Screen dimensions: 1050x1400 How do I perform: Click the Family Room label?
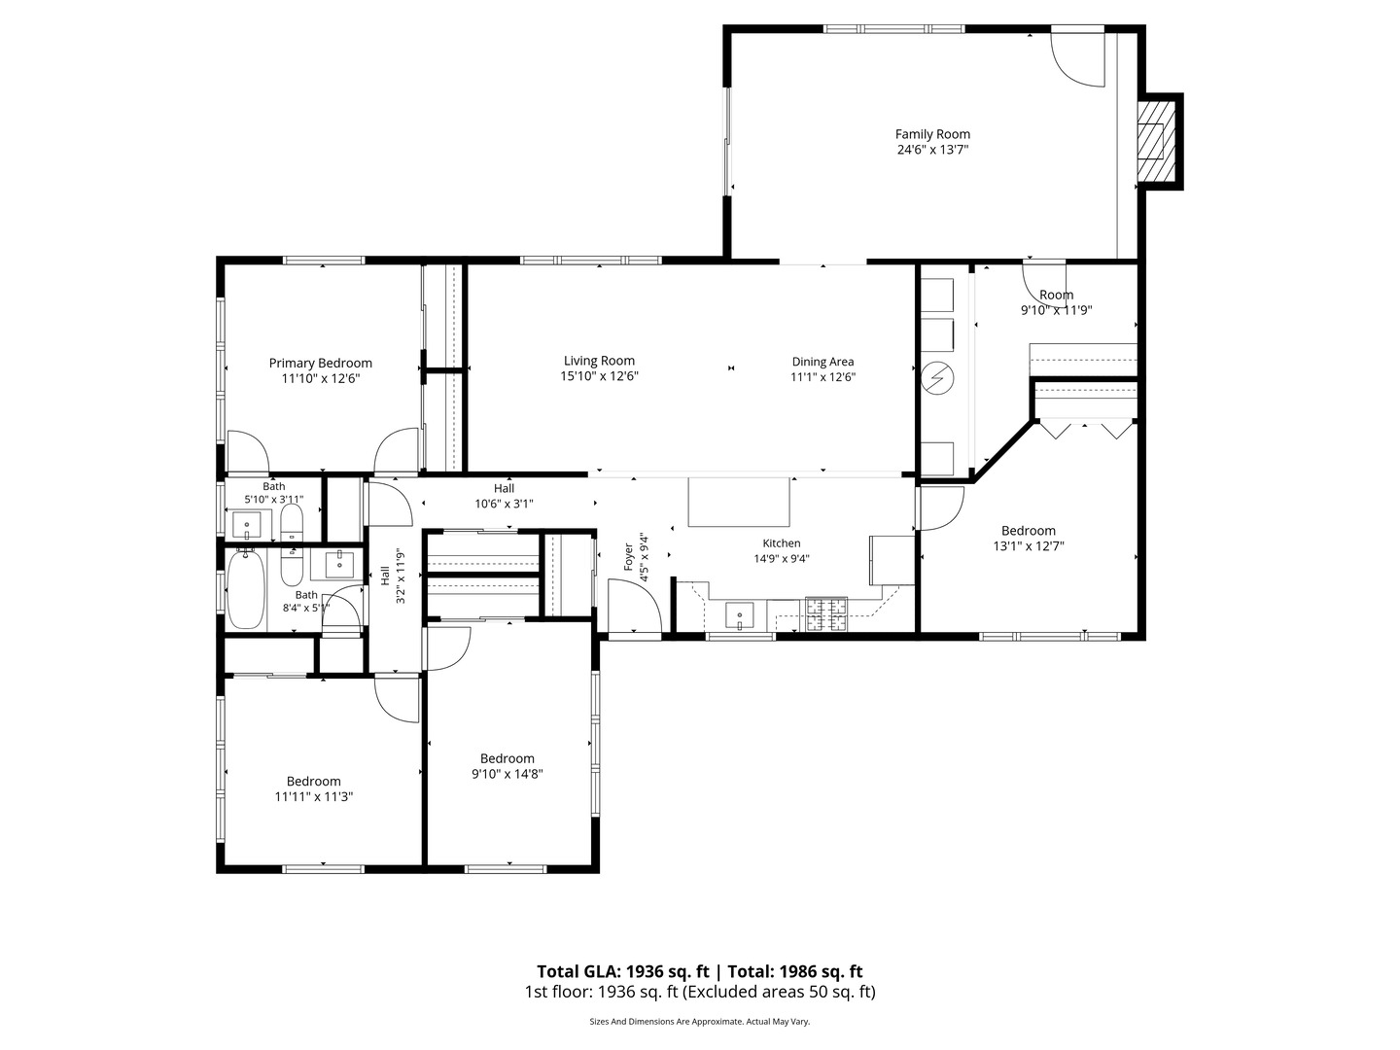click(x=932, y=134)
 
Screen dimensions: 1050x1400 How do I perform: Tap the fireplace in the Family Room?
click(x=1153, y=140)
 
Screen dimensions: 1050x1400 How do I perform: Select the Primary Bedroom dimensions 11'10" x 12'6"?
click(x=320, y=379)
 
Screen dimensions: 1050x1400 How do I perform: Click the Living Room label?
click(x=599, y=361)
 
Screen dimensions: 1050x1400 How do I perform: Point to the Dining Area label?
click(x=822, y=362)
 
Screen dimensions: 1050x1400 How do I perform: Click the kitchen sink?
click(x=740, y=615)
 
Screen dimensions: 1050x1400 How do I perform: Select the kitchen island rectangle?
click(x=739, y=502)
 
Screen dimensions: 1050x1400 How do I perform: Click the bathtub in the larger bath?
click(x=246, y=590)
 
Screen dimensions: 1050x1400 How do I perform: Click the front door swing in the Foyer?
click(x=632, y=608)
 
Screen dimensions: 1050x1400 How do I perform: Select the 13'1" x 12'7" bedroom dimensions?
click(x=1028, y=546)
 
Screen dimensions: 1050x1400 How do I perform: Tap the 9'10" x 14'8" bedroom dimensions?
click(x=507, y=774)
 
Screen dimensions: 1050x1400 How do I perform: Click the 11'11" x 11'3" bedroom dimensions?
click(x=313, y=796)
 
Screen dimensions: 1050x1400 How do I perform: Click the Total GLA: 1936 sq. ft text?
click(x=624, y=971)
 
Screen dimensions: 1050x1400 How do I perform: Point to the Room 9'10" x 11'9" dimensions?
click(x=1056, y=310)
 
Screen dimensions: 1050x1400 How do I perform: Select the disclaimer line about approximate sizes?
click(x=699, y=1022)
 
